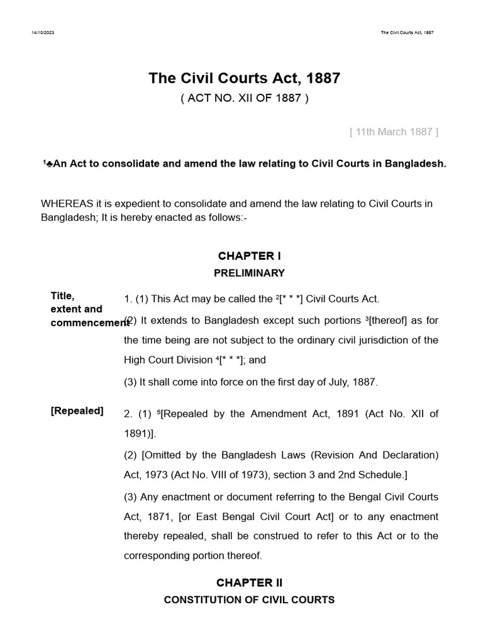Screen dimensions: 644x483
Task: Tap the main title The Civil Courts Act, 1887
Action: tap(244, 79)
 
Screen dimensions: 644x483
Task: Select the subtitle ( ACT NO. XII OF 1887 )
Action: tap(244, 99)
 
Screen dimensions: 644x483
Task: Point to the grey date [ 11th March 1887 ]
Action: tap(394, 131)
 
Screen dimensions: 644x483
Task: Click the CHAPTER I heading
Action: tap(249, 256)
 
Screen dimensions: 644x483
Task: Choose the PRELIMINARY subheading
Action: tap(249, 273)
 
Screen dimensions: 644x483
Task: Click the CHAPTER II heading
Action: tap(249, 583)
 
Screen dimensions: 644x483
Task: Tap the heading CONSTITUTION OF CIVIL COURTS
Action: tap(249, 600)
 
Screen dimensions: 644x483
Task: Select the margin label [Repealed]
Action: tap(77, 411)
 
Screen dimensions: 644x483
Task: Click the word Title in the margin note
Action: tap(62, 296)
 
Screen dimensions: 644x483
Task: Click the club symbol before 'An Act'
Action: tap(50, 164)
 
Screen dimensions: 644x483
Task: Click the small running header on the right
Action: tap(407, 33)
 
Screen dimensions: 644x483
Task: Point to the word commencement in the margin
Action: tap(89, 323)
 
